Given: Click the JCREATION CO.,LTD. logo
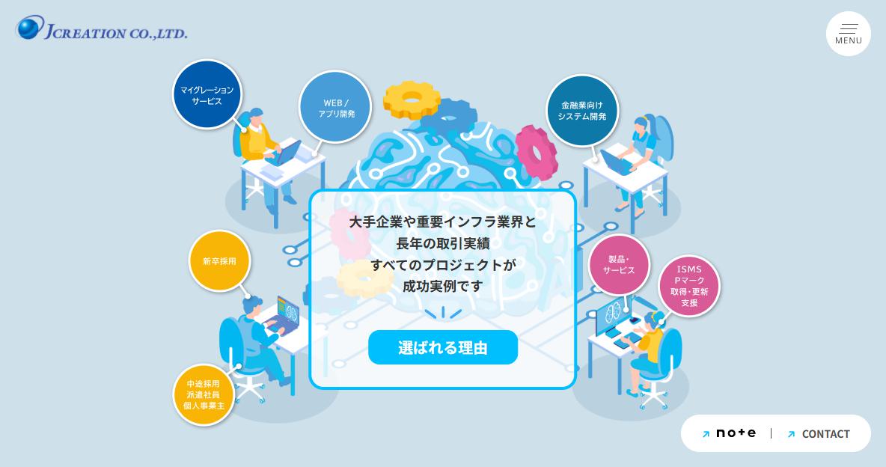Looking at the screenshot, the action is click(x=102, y=28).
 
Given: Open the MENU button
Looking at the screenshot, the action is click(x=848, y=34).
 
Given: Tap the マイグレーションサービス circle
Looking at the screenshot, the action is click(x=207, y=95).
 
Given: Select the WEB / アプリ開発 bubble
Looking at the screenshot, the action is click(x=335, y=108).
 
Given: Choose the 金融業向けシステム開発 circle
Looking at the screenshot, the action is click(x=582, y=111).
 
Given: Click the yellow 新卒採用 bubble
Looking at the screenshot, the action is click(x=219, y=261).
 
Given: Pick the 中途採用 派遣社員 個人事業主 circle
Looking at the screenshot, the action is click(x=204, y=394).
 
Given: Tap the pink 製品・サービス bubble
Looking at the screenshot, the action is click(x=619, y=265).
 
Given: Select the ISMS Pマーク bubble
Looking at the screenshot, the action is click(x=688, y=286).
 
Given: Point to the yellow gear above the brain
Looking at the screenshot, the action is click(x=412, y=100).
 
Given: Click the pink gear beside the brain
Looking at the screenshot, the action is click(x=537, y=153).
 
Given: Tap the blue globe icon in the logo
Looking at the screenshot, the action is click(x=30, y=27).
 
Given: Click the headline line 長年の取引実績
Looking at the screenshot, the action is click(x=442, y=244).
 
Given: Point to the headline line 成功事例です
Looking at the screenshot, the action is click(x=442, y=286).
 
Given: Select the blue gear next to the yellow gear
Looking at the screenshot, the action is click(x=449, y=117).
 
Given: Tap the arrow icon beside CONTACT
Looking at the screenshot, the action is click(x=791, y=434).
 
